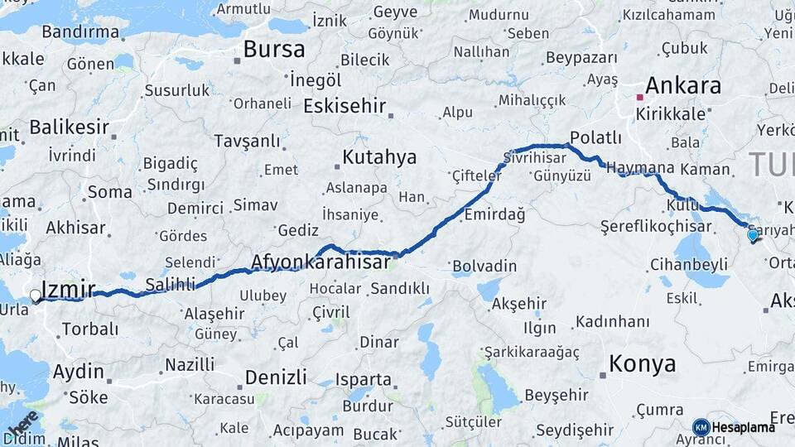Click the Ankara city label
[x=682, y=85]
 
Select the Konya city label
[x=642, y=363]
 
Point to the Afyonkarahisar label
[x=320, y=262]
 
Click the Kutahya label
[x=379, y=157]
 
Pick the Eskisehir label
[x=344, y=106]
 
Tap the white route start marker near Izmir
[x=36, y=295]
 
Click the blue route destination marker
[x=752, y=236]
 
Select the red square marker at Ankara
[x=639, y=97]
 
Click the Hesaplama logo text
[x=743, y=427]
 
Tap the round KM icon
[x=701, y=427]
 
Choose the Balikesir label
[x=69, y=127]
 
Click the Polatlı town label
[x=595, y=137]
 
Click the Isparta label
[x=364, y=380]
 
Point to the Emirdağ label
[x=494, y=214]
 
